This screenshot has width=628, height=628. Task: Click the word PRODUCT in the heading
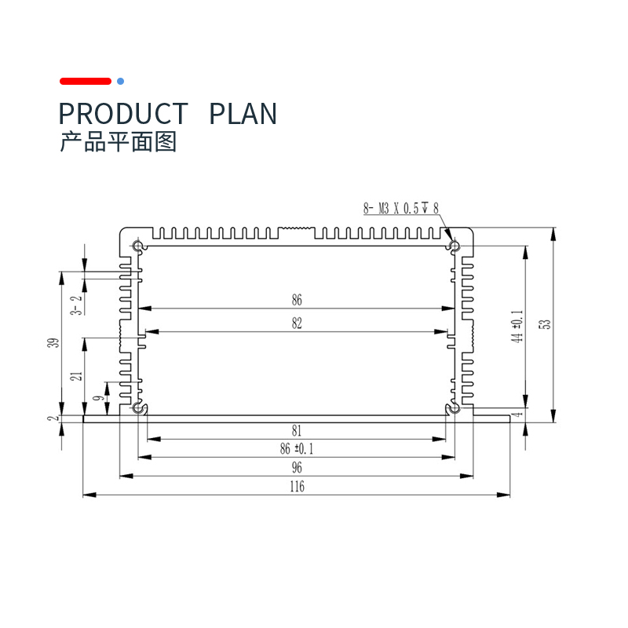pos(123,114)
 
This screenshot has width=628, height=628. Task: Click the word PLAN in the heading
pos(243,114)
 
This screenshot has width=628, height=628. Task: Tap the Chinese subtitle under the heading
pos(119,142)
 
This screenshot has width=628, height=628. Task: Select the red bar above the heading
pos(86,82)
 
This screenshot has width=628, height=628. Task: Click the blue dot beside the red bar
pos(120,82)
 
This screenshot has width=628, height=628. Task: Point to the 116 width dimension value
pos(298,486)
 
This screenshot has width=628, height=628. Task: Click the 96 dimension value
pos(297,467)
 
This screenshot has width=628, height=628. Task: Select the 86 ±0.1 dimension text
pos(297,448)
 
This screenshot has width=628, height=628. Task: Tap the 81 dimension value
pos(297,430)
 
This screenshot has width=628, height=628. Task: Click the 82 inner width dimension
pos(297,323)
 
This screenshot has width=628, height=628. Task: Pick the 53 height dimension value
pos(546,324)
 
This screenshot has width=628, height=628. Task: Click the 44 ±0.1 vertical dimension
pos(517,326)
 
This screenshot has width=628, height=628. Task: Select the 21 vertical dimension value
pos(76,376)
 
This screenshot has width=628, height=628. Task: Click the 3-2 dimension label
pos(76,305)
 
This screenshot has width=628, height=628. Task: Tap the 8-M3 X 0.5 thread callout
pos(401,208)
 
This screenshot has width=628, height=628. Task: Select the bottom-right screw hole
pos(455,408)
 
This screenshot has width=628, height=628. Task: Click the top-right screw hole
pos(455,245)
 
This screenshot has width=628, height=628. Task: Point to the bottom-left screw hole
pos(138,408)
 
